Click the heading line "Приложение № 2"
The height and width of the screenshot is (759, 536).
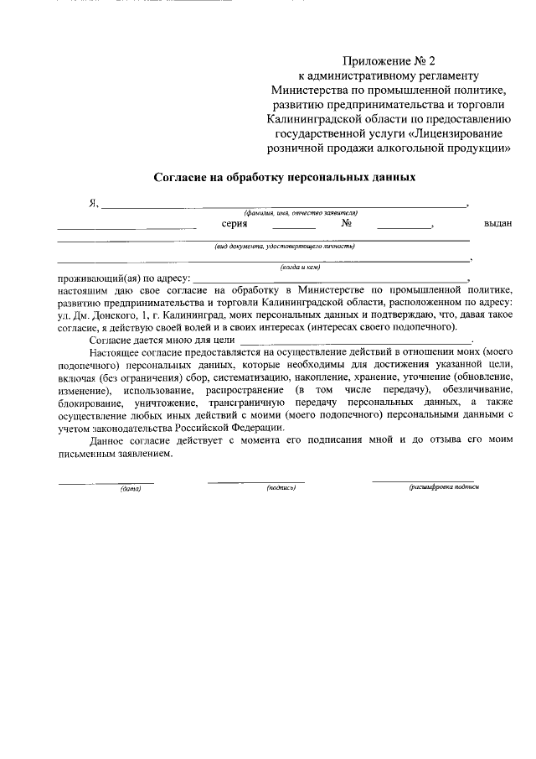point(389,60)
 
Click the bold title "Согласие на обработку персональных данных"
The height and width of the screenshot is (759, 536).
point(284,178)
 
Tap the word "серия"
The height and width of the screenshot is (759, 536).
point(234,224)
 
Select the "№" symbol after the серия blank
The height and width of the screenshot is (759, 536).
point(345,224)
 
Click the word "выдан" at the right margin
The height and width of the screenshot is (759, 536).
point(497,224)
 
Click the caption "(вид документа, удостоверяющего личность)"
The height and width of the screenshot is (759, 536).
point(284,247)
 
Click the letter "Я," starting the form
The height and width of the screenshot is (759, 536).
point(94,204)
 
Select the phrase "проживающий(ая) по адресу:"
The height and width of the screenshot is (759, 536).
point(124,278)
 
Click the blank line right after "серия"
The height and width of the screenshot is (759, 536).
point(293,227)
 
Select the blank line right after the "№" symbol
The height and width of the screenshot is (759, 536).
point(404,227)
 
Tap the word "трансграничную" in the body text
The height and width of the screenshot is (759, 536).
point(243,403)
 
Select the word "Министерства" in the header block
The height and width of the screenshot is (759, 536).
point(308,89)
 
